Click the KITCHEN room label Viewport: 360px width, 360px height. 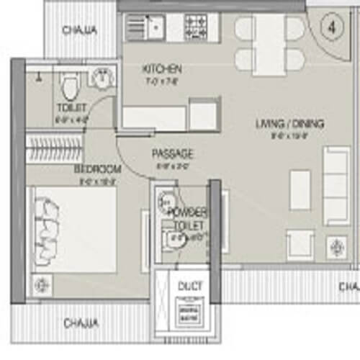161,69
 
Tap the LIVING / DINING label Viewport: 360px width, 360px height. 289,124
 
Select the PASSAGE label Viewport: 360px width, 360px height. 172,154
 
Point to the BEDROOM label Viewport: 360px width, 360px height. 97,169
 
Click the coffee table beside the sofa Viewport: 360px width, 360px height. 300,190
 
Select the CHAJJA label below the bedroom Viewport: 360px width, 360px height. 80,323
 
